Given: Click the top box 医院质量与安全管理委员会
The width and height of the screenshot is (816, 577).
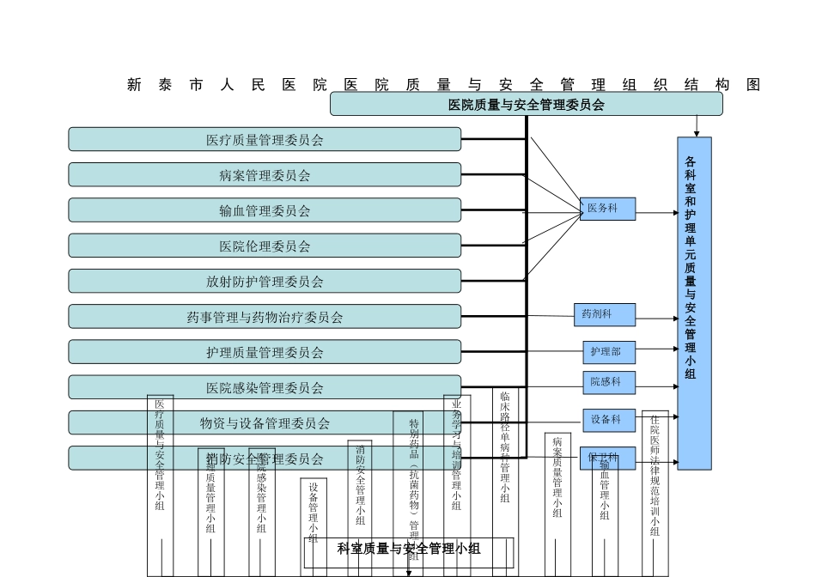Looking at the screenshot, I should [x=526, y=104].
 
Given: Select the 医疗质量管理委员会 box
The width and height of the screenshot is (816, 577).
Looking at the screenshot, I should [x=265, y=139].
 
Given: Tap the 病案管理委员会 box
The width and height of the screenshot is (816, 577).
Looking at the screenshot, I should [x=265, y=175].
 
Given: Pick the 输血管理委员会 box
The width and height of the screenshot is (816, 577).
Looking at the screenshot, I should [x=265, y=210].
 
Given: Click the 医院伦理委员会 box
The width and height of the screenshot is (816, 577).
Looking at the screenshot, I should [x=265, y=246].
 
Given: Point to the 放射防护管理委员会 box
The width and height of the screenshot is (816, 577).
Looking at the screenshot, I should [x=265, y=281].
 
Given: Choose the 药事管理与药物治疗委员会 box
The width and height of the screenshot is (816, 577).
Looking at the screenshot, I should [x=265, y=317].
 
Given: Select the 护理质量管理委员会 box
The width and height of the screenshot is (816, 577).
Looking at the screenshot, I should [x=265, y=352].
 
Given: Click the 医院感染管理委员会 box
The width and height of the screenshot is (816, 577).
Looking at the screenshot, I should [x=265, y=387].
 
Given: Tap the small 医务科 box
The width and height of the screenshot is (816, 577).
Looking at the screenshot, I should [x=607, y=209].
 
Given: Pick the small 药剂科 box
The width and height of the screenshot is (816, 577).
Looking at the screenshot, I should [x=605, y=314].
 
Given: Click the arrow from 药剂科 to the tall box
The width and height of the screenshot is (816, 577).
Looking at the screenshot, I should [x=656, y=319].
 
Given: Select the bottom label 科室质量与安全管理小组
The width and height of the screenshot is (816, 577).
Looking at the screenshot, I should [x=409, y=549].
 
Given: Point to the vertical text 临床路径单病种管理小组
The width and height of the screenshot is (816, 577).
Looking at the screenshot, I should [x=505, y=446].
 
